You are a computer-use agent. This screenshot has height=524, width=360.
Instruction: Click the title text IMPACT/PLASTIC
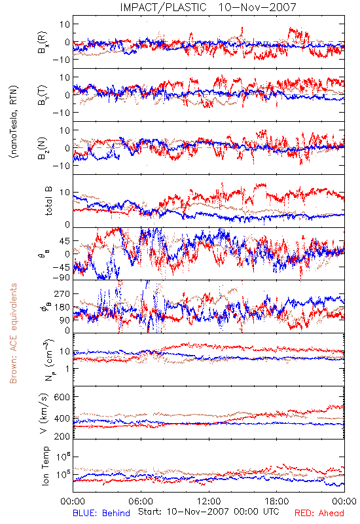163,7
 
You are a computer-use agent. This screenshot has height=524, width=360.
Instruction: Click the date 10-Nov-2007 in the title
257,7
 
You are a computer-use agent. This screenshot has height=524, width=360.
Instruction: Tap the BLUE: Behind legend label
101,513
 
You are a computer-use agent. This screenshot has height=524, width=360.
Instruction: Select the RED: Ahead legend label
319,513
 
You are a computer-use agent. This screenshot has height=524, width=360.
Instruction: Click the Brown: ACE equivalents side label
13,333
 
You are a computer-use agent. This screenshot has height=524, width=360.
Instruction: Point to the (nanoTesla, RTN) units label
14,121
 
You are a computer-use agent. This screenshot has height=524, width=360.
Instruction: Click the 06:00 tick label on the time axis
141,501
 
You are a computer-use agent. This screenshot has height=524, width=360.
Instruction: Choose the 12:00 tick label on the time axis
209,501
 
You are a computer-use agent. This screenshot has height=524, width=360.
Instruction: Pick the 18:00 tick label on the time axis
277,501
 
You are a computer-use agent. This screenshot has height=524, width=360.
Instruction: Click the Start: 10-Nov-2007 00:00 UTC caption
208,512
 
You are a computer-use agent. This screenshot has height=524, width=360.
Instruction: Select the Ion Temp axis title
45,466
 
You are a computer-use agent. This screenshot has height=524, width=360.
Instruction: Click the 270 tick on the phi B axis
62,293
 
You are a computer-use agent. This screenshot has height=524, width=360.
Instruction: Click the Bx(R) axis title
43,43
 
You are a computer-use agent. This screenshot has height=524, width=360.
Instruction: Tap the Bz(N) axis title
43,148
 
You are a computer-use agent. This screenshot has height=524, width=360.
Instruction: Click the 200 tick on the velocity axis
62,436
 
